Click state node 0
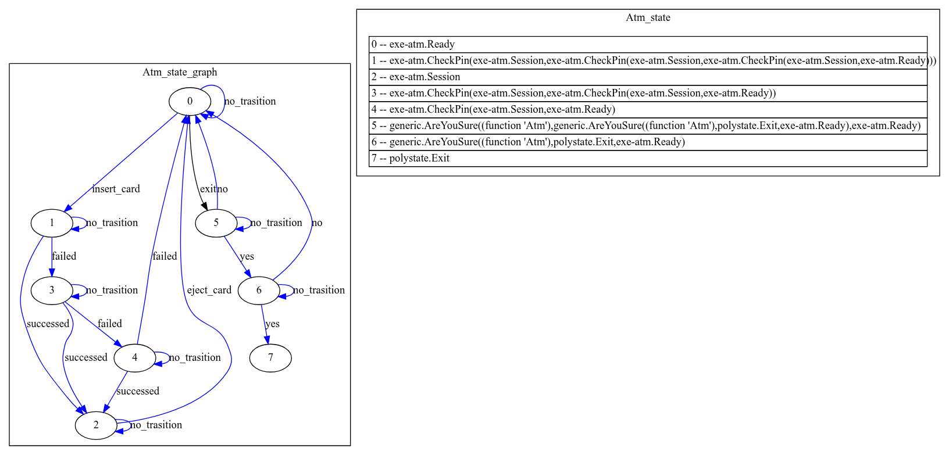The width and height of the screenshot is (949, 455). click(190, 101)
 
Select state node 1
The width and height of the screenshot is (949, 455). click(52, 223)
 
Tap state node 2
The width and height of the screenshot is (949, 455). click(96, 425)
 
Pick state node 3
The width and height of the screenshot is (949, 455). click(52, 290)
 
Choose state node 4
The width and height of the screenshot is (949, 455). click(134, 357)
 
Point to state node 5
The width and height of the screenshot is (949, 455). click(216, 223)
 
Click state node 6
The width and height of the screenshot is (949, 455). click(259, 290)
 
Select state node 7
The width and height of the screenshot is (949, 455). click(270, 357)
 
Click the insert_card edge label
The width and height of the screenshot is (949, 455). click(116, 189)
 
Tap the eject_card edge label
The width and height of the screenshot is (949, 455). click(209, 290)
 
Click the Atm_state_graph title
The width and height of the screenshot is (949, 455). click(180, 72)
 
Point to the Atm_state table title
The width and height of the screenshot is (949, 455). click(648, 17)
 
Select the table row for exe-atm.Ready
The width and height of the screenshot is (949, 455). click(648, 44)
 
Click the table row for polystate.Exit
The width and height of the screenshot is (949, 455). click(648, 158)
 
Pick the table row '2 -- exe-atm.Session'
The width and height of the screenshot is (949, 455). click(648, 77)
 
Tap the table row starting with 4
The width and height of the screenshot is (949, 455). click(648, 109)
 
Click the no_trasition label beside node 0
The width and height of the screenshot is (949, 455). click(250, 101)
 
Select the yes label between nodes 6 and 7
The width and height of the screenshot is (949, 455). click(272, 324)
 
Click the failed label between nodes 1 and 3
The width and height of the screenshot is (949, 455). click(64, 256)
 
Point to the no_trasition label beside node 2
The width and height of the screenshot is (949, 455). click(156, 425)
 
